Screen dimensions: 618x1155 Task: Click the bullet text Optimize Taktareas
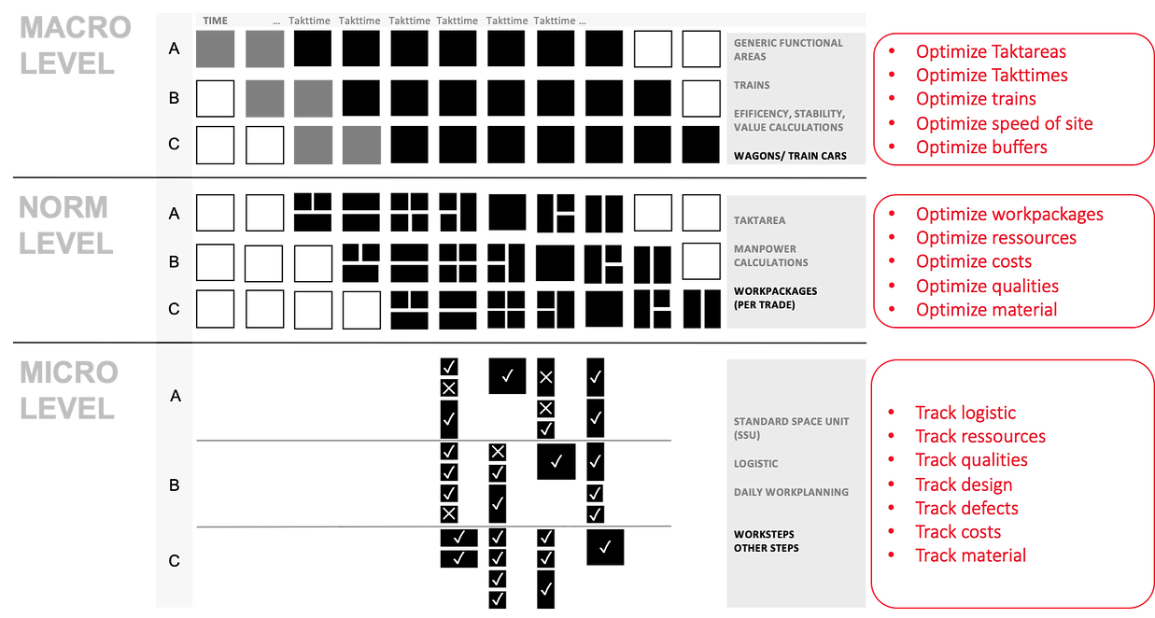(991, 52)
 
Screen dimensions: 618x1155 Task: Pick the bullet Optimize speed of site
(1004, 123)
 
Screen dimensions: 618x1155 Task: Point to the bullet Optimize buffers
(981, 147)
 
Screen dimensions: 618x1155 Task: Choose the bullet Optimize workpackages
(1009, 215)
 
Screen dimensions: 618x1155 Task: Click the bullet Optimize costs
(974, 262)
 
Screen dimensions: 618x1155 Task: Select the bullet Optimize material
(986, 310)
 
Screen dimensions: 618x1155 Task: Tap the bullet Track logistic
(965, 413)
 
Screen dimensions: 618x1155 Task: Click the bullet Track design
(964, 485)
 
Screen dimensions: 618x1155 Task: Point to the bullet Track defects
(966, 509)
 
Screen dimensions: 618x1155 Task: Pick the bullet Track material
(970, 555)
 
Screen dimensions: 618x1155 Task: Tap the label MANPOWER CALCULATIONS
(771, 256)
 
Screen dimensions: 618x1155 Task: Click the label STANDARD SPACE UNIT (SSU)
(791, 428)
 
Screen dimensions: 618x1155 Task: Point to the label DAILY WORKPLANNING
(791, 492)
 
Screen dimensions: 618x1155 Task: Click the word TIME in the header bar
(215, 21)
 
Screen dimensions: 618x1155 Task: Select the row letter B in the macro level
(174, 98)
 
